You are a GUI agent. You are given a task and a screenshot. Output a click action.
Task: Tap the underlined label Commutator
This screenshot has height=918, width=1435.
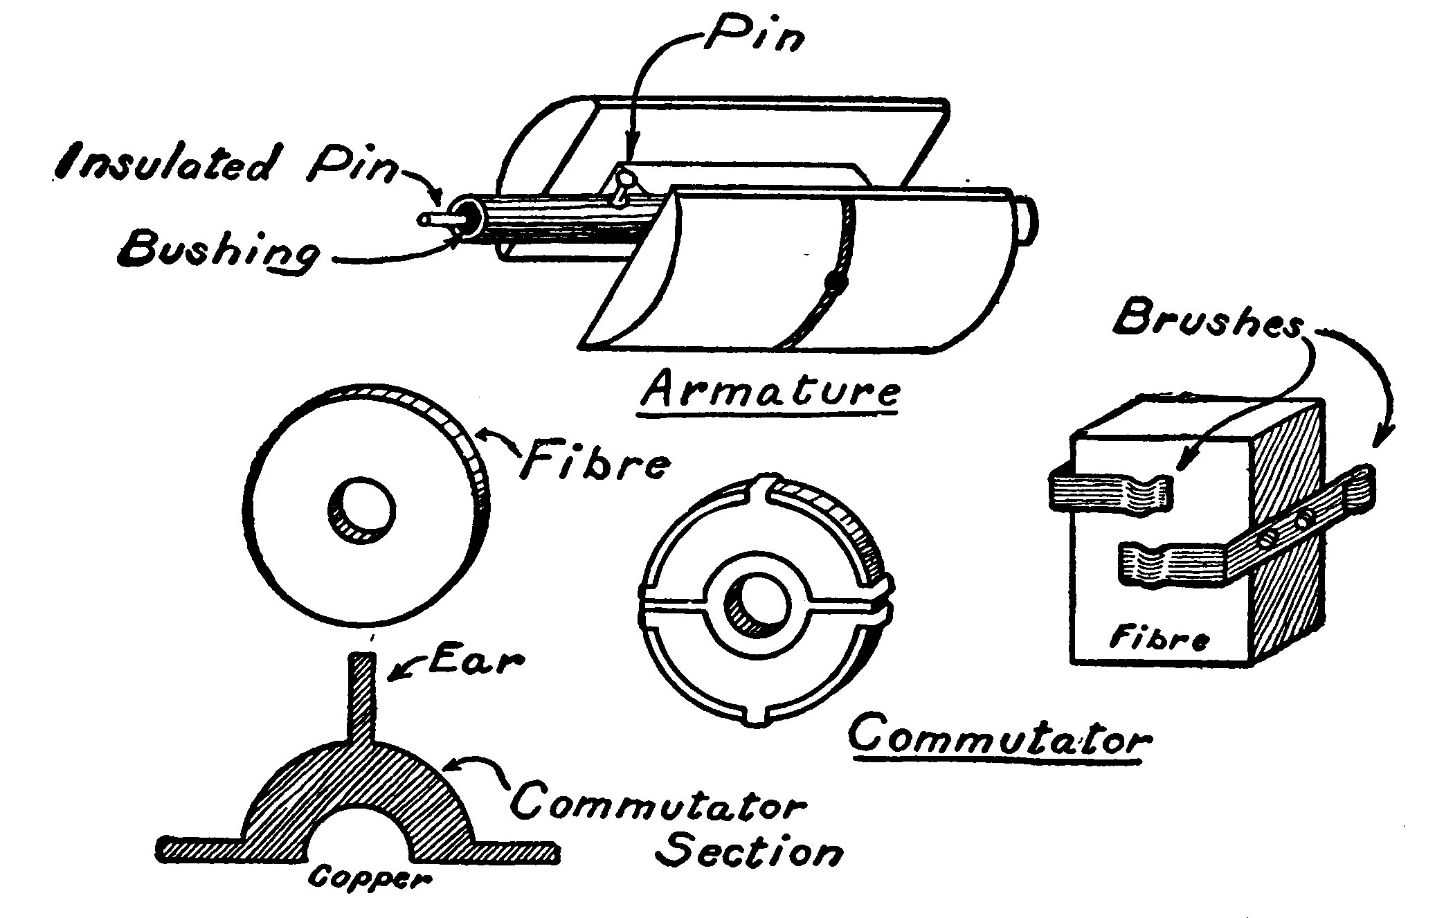point(997,739)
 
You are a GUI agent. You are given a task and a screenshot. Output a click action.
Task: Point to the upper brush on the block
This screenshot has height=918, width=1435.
point(1108,493)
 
